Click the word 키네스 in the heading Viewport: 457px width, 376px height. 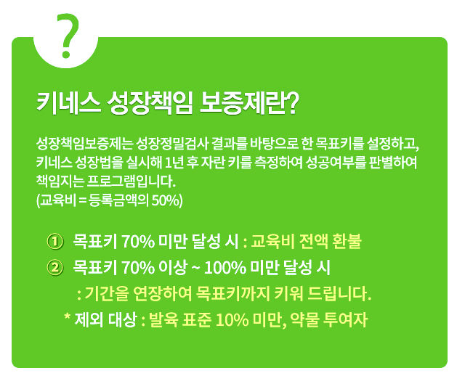[x=68, y=104]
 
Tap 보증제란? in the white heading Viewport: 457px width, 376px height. [x=249, y=104]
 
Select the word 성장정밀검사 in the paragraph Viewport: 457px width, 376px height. [x=172, y=143]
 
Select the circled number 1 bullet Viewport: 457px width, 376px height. [x=54, y=242]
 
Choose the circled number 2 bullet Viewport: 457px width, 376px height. [x=54, y=267]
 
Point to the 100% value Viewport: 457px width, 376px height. [x=225, y=268]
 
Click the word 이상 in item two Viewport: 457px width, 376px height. [x=173, y=267]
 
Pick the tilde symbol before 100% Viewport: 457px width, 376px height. [x=195, y=268]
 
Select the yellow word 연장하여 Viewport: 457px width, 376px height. [x=162, y=293]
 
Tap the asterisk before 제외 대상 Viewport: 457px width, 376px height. [x=68, y=316]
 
